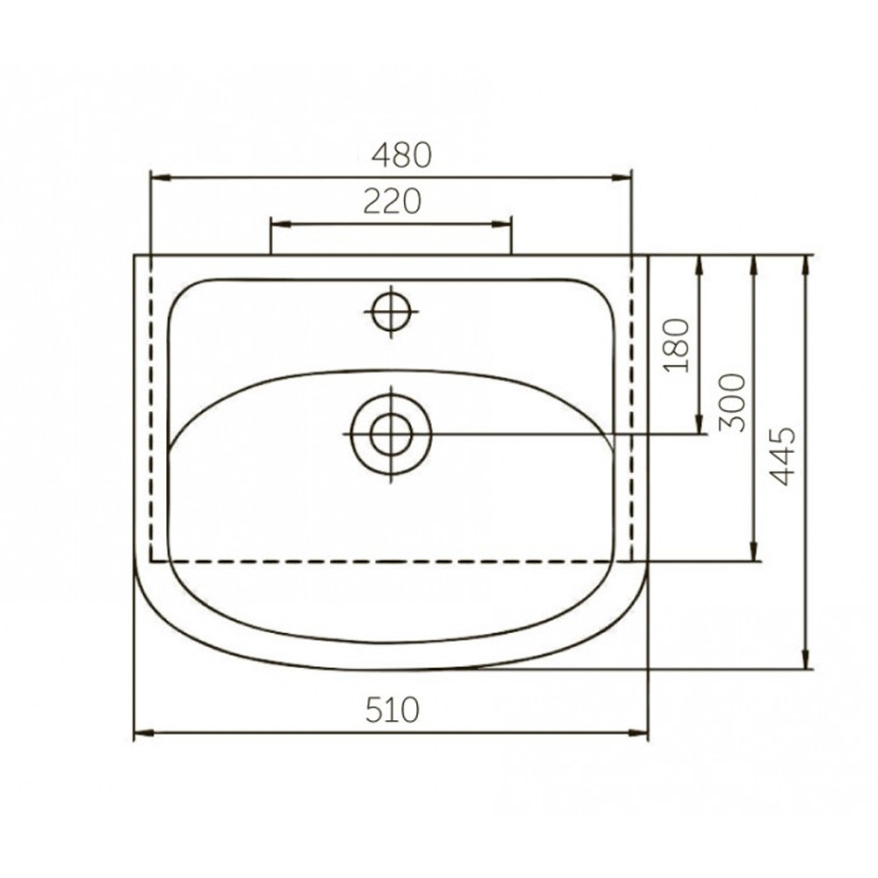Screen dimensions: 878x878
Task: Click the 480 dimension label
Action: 402,155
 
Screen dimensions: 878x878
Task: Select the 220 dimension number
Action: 392,202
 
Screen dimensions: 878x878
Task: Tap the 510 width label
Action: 392,709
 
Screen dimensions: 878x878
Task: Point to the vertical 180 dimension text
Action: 675,345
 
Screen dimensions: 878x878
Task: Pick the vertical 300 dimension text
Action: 732,402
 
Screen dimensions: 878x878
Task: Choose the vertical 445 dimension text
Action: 781,456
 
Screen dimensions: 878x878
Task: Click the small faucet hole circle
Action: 392,312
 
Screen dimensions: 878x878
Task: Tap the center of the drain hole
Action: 391,434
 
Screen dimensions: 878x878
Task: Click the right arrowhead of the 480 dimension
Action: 621,177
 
